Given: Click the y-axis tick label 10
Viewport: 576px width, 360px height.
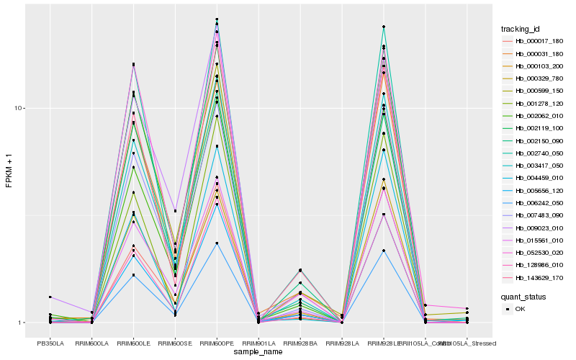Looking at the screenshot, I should coord(19,109).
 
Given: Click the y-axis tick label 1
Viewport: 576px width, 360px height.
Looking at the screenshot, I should coord(22,323).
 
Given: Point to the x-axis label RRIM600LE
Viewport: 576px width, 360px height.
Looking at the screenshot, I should coord(133,343).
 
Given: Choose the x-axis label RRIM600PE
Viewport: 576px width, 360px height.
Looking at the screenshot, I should coord(217,343).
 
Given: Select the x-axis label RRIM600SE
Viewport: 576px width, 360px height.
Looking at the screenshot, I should coord(175,343).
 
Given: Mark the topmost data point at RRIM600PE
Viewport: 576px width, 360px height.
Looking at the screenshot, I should coord(217,19).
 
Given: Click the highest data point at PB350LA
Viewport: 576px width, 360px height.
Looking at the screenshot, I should coord(50,297).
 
